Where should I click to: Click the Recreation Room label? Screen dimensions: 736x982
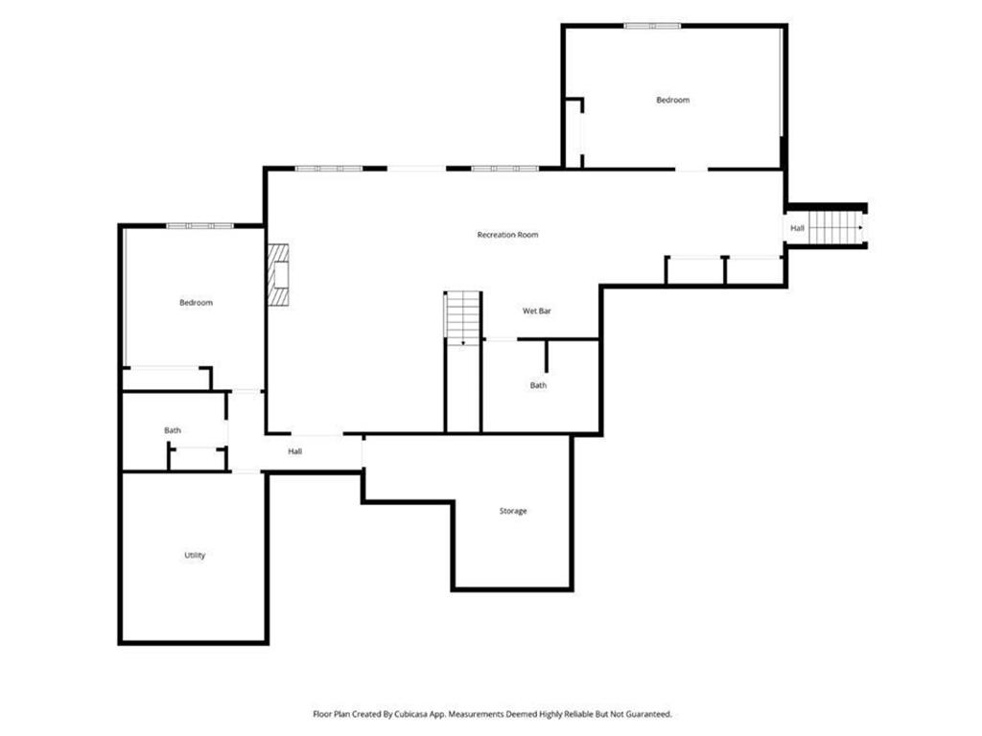click(x=507, y=235)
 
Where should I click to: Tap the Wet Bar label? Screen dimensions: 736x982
click(x=536, y=310)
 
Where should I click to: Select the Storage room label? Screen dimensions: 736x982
click(x=513, y=511)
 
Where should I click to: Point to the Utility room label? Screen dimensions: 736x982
click(x=195, y=555)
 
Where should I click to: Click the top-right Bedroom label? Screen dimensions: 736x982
click(x=672, y=100)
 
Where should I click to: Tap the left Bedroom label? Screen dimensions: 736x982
click(x=196, y=302)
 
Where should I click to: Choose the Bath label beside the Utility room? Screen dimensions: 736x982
click(x=173, y=430)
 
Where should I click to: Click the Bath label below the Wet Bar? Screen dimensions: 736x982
click(x=539, y=385)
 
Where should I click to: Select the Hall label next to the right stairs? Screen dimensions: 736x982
click(x=797, y=228)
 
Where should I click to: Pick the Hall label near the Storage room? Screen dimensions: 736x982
click(x=295, y=450)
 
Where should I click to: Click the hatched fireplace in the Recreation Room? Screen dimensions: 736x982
click(x=278, y=275)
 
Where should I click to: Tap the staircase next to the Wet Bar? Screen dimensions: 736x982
click(x=463, y=317)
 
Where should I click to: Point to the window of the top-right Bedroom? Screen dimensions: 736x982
click(x=652, y=26)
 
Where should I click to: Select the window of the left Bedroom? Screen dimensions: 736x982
click(x=199, y=225)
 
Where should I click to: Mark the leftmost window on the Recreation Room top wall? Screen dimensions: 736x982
click(x=328, y=169)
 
